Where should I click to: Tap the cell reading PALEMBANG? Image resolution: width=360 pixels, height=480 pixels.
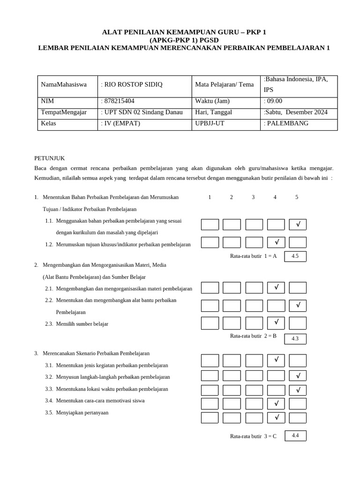pyautogui.click(x=287, y=123)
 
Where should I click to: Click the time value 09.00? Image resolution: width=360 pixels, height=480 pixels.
pyautogui.click(x=274, y=101)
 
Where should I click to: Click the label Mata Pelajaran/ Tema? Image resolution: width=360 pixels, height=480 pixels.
pyautogui.click(x=225, y=85)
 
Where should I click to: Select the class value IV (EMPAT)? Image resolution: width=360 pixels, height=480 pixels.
pyautogui.click(x=121, y=123)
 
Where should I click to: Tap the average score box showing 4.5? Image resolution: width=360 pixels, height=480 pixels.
pyautogui.click(x=295, y=256)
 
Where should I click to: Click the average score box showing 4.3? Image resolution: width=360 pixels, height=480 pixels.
pyautogui.click(x=295, y=338)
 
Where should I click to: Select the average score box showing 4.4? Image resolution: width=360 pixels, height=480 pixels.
pyautogui.click(x=295, y=435)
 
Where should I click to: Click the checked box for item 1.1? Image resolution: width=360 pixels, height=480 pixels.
pyautogui.click(x=298, y=225)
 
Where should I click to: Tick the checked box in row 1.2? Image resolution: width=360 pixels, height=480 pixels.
pyautogui.click(x=276, y=242)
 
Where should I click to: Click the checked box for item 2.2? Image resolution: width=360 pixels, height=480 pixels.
pyautogui.click(x=298, y=306)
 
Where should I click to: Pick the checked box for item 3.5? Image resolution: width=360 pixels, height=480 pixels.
pyautogui.click(x=276, y=418)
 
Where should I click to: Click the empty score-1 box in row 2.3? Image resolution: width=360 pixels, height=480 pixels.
pyautogui.click(x=210, y=323)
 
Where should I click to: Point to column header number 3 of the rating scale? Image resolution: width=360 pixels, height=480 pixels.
pyautogui.click(x=253, y=197)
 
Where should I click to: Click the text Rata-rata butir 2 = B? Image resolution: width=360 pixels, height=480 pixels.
pyautogui.click(x=253, y=336)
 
